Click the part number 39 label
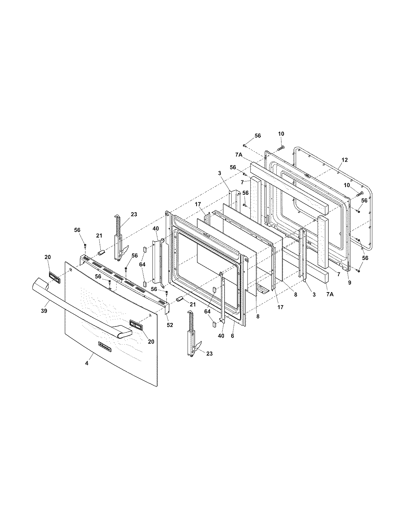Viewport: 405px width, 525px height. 44,311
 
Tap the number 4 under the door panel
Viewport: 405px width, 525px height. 86,363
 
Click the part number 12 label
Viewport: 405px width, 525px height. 345,160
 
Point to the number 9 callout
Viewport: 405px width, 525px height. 349,282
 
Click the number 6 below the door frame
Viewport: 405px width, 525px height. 233,336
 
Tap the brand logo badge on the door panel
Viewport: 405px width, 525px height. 105,347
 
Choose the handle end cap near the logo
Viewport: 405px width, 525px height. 136,325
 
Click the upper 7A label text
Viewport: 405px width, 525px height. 239,155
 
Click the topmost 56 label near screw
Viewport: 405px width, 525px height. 258,136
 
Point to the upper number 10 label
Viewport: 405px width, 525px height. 281,134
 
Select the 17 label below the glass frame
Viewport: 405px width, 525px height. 280,307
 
